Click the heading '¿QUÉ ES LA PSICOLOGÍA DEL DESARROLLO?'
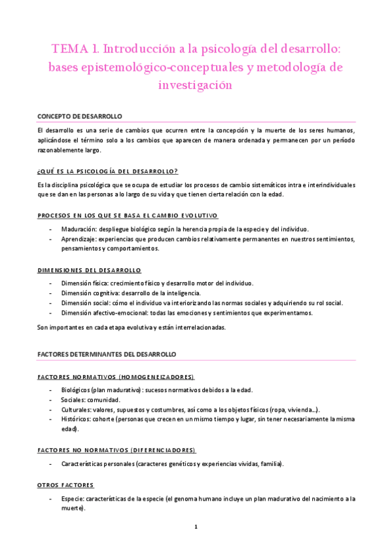108,171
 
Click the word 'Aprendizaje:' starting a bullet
80,239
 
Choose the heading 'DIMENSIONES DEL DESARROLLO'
90,270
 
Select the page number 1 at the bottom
196,526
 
